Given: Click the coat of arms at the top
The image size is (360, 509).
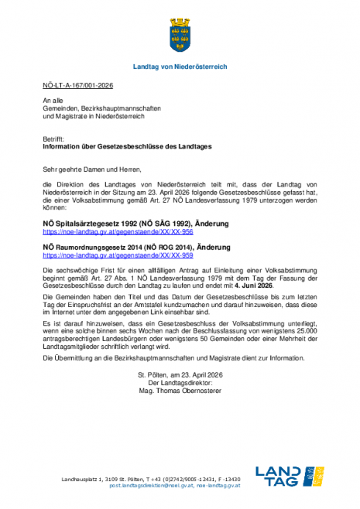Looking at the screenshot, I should click(x=180, y=33).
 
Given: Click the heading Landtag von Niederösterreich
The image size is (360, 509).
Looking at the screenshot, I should click(x=180, y=67).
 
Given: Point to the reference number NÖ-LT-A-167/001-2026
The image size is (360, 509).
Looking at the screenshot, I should click(x=79, y=87).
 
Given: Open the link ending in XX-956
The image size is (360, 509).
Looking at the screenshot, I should click(x=117, y=210).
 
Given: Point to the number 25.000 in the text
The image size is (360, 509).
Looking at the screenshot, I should click(x=300, y=307).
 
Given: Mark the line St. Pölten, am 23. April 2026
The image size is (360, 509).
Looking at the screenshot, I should click(x=180, y=374).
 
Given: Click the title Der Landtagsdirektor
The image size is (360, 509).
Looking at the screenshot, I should click(x=180, y=382).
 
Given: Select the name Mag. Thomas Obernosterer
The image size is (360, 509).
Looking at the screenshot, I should click(x=180, y=391).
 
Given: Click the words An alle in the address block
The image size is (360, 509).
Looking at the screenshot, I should click(x=53, y=101).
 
